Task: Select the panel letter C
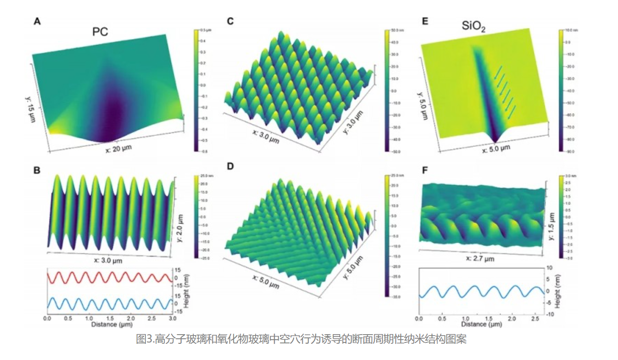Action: coord(230,21)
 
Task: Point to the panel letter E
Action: coord(425,21)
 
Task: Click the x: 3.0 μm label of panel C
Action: coord(266,134)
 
